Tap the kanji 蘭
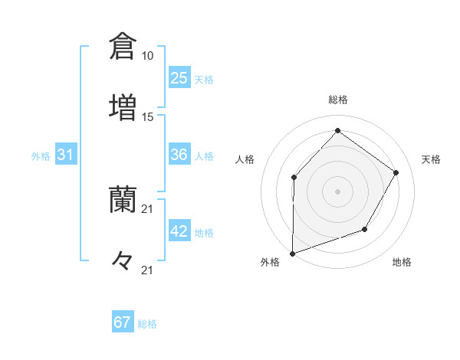click(123, 198)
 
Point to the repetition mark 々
click(123, 260)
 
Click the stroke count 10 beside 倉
click(147, 56)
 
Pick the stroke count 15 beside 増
click(147, 116)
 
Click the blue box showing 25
click(179, 78)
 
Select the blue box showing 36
click(179, 155)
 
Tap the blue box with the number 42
click(179, 231)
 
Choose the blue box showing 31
click(66, 155)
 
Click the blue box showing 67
click(123, 322)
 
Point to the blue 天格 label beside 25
click(203, 80)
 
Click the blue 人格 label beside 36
click(203, 156)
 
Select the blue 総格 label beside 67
click(146, 324)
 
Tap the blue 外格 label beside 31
click(41, 156)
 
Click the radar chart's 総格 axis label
click(338, 100)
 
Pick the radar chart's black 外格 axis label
click(270, 262)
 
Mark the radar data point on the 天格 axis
click(396, 172)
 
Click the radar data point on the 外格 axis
click(292, 253)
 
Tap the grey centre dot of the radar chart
click(337, 191)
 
